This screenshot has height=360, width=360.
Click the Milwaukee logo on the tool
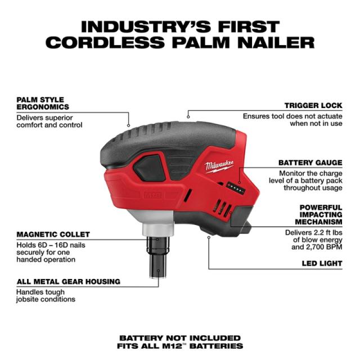pos(219,166)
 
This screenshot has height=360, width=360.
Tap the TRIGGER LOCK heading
pos(313,106)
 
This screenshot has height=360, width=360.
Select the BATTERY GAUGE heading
pos(310,163)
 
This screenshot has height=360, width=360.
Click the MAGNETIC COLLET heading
pos(53,235)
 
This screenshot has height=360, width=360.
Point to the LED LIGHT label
pos(322,263)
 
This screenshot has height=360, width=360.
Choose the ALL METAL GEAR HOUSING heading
pos(69,281)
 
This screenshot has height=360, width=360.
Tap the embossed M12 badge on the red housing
pos(152,195)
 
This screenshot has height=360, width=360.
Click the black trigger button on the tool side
pos(150,168)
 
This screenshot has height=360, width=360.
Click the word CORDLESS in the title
pos(105,43)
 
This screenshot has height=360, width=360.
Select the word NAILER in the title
pos(276,43)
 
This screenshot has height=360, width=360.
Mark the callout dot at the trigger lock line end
pos(188,117)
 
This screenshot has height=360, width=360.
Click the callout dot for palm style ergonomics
pos(129,125)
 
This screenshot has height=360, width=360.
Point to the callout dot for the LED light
pos(209,237)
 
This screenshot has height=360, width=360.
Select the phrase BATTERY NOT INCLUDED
pos(180,338)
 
